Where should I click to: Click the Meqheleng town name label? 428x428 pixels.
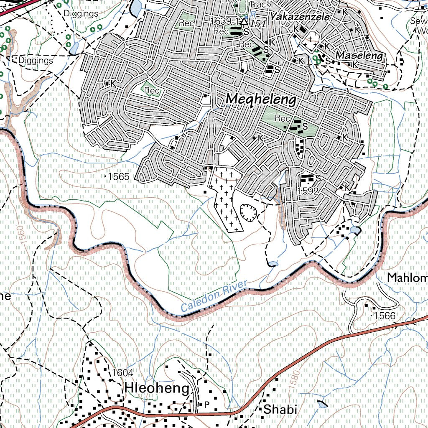click(261, 100)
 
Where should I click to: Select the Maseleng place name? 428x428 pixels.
click(359, 55)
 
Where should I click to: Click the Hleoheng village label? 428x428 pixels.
click(157, 388)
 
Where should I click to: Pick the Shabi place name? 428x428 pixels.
click(280, 410)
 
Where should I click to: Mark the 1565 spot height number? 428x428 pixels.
click(119, 177)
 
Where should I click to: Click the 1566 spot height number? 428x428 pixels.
click(384, 316)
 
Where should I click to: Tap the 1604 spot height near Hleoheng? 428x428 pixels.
click(122, 373)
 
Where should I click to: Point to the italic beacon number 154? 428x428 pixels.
click(258, 24)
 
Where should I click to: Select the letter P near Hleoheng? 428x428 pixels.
click(206, 404)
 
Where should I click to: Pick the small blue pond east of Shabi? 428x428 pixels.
click(323, 404)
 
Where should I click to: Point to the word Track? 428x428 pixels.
click(260, 4)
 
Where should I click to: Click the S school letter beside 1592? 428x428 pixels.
click(318, 178)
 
